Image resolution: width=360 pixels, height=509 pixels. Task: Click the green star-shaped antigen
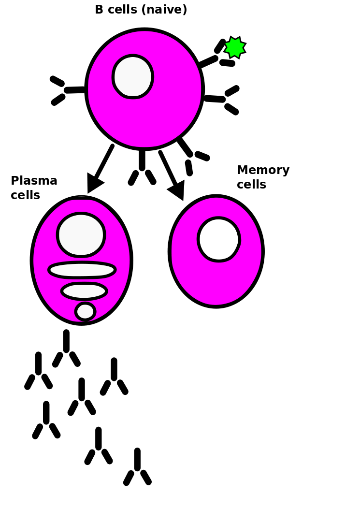pyautogui.click(x=235, y=47)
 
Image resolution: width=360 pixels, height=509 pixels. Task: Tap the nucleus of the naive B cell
pyautogui.click(x=133, y=77)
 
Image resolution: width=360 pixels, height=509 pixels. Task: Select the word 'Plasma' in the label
pyautogui.click(x=34, y=181)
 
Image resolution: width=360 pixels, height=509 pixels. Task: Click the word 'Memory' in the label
pyautogui.click(x=263, y=170)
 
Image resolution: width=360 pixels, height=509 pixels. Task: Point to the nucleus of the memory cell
pyautogui.click(x=218, y=239)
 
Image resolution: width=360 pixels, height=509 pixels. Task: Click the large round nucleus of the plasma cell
pyautogui.click(x=81, y=235)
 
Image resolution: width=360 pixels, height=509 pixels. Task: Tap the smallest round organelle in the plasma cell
pyautogui.click(x=85, y=311)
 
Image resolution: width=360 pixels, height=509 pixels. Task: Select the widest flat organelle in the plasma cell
pyautogui.click(x=82, y=270)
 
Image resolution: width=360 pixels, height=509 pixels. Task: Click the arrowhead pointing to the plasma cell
pyautogui.click(x=94, y=183)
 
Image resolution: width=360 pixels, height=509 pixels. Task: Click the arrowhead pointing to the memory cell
pyautogui.click(x=177, y=189)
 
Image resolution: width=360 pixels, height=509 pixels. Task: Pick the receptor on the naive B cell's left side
pyautogui.click(x=68, y=90)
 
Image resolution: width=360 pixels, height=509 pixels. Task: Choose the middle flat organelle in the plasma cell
pyautogui.click(x=84, y=291)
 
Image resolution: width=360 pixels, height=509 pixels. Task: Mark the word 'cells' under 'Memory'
pyautogui.click(x=251, y=185)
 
